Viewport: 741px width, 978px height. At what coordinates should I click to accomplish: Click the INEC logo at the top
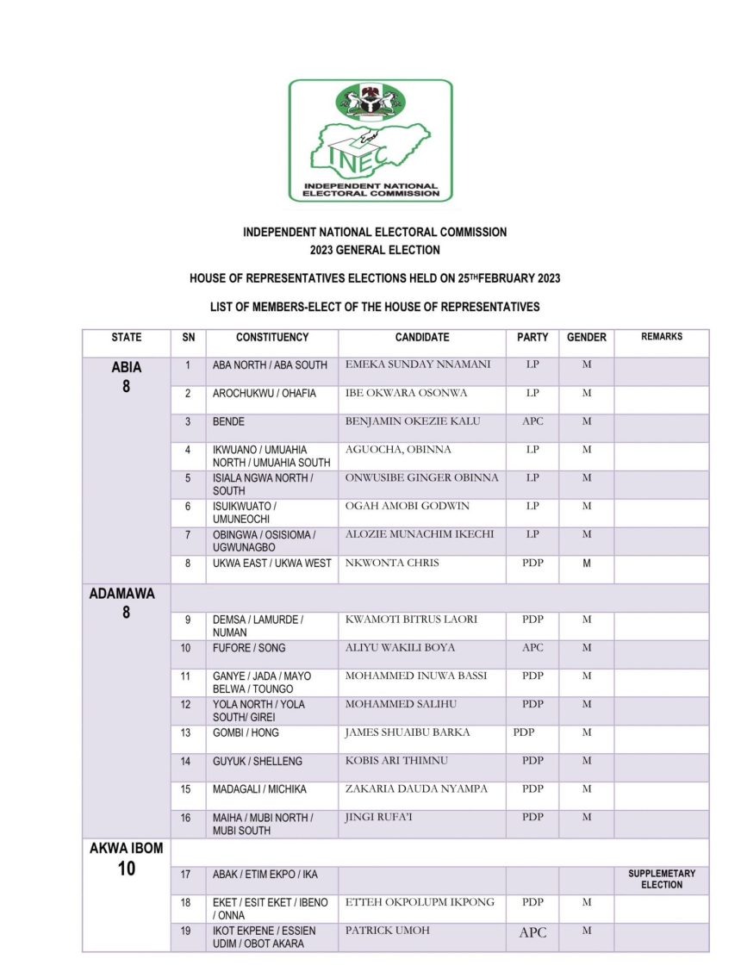370,140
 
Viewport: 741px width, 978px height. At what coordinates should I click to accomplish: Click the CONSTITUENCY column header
272,338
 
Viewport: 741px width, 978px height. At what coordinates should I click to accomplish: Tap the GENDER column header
586,338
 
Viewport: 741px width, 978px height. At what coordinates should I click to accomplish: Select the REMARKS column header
661,337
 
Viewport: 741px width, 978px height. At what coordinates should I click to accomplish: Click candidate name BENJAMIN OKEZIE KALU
413,421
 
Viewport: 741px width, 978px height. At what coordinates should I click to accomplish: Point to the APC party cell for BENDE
532,421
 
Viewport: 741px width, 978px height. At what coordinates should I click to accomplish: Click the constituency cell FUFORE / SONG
249,648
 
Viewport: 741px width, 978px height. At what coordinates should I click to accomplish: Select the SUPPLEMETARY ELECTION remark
661,879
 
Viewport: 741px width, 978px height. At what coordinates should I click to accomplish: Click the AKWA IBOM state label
126,848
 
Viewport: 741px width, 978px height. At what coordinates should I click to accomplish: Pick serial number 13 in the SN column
186,732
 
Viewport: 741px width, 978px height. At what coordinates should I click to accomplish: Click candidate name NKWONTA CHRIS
392,564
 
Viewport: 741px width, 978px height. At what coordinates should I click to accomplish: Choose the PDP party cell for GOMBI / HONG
524,732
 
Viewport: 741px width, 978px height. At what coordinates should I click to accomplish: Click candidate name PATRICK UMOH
387,931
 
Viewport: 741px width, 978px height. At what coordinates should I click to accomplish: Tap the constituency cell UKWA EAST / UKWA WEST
271,564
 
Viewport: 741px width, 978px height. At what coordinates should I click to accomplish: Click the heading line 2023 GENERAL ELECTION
375,250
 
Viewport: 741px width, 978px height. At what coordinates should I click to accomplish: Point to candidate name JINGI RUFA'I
379,817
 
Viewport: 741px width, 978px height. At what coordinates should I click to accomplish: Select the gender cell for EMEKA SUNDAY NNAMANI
586,365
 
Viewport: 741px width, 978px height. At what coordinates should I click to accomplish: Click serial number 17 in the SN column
186,875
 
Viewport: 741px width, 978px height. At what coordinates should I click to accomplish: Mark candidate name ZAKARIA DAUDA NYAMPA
416,788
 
